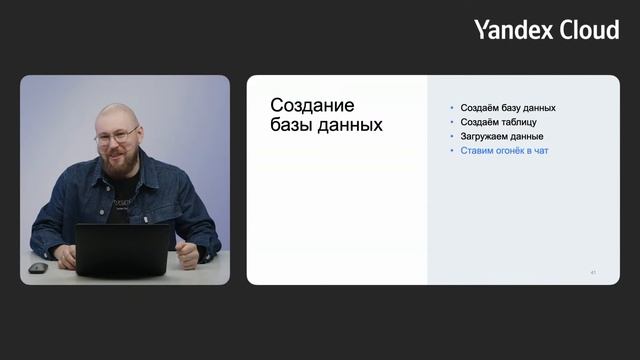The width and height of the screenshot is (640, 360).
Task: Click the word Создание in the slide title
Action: point(313,106)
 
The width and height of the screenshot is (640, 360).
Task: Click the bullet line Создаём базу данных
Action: point(508,107)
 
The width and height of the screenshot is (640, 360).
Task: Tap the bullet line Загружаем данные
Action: point(502,136)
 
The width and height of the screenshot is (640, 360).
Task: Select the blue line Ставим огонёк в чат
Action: point(504,150)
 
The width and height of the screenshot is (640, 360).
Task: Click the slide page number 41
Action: point(593,272)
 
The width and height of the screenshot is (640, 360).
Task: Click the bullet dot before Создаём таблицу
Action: point(452,122)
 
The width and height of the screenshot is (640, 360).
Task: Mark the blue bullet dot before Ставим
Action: point(452,151)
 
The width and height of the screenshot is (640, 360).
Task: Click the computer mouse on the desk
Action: point(38,268)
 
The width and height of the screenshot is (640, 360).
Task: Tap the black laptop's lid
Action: point(123,249)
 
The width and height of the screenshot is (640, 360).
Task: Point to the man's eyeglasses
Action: point(117,136)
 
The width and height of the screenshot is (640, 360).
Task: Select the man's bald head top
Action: point(112,112)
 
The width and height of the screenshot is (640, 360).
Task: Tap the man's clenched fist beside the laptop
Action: point(187,254)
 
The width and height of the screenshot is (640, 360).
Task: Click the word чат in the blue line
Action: point(541,150)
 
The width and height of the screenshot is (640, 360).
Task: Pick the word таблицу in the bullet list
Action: point(522,121)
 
